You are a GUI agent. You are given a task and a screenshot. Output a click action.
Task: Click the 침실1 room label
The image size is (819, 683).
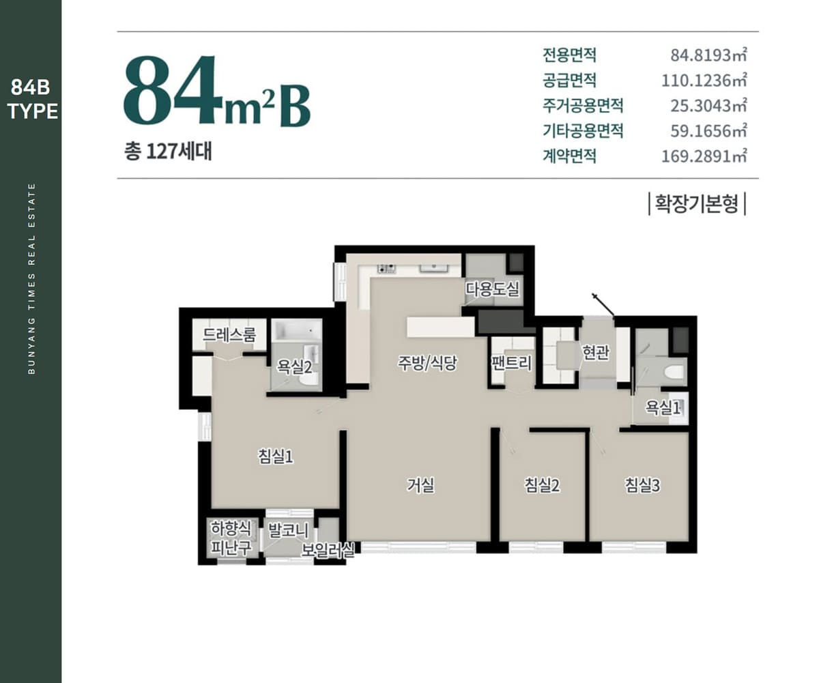click(275, 456)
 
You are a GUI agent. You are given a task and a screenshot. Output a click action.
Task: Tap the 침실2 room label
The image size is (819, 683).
click(542, 485)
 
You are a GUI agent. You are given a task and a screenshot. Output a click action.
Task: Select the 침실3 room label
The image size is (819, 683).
click(642, 485)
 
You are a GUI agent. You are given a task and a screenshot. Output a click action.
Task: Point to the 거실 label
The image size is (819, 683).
click(421, 485)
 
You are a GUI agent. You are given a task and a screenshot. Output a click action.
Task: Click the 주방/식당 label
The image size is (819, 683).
click(427, 363)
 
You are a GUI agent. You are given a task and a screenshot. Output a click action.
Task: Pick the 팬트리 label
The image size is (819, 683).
click(511, 363)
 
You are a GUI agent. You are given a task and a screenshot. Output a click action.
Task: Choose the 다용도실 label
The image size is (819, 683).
click(493, 289)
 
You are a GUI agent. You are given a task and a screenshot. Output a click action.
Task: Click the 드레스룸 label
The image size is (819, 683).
click(229, 335)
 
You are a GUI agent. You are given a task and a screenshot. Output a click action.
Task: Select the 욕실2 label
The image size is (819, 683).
click(295, 366)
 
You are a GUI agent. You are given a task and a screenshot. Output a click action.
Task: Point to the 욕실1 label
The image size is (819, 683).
click(663, 408)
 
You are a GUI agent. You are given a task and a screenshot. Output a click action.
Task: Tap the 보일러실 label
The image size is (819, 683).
click(328, 550)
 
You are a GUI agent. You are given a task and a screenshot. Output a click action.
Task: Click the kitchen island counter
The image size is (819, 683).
click(440, 327)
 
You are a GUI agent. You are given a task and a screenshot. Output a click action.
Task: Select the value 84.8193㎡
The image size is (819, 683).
click(708, 55)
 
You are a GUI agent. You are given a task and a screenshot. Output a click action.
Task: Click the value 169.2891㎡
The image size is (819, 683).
click(704, 156)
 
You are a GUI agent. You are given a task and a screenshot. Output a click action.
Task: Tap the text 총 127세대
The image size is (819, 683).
click(169, 151)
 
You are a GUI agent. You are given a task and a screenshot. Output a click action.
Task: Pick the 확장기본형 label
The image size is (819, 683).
click(697, 204)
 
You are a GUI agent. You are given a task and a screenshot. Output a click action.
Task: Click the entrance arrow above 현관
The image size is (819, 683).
click(603, 304)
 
